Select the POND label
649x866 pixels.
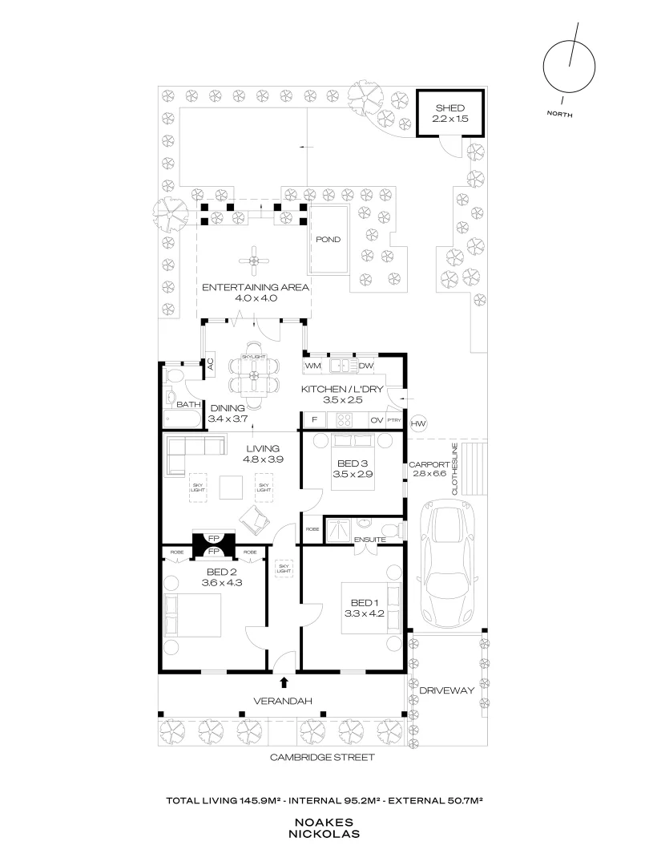tap(328, 240)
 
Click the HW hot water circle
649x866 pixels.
tap(417, 423)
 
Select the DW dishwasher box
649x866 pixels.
tap(366, 366)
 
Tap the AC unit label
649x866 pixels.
tap(210, 363)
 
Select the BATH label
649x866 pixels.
tap(187, 405)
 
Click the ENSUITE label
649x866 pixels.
tap(370, 540)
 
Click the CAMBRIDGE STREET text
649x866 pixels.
tap(321, 757)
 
